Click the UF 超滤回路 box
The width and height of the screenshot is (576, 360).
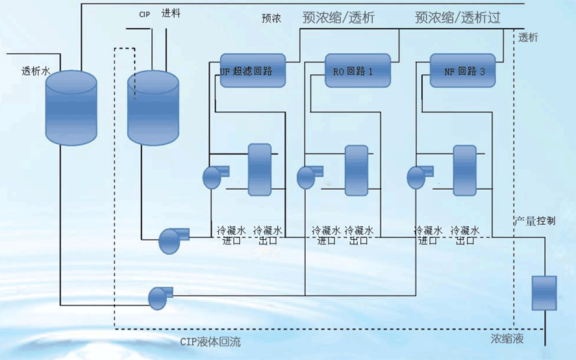click(253, 70)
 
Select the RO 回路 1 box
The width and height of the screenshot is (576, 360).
click(357, 70)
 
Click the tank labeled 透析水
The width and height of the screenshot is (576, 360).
click(71, 107)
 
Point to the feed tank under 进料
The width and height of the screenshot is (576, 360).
click(152, 107)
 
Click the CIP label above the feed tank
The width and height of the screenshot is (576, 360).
click(144, 14)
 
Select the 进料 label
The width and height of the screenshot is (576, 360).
click(171, 14)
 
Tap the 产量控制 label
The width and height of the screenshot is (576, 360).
click(535, 221)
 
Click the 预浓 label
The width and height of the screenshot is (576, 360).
click(271, 19)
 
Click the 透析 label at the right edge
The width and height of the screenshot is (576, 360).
click(529, 38)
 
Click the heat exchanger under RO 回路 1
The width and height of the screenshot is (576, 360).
click(356, 170)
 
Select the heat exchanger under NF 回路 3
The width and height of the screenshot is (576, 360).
click(464, 170)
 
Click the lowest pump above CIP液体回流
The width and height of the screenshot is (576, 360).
click(159, 298)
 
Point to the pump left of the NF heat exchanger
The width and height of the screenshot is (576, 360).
click(416, 176)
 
